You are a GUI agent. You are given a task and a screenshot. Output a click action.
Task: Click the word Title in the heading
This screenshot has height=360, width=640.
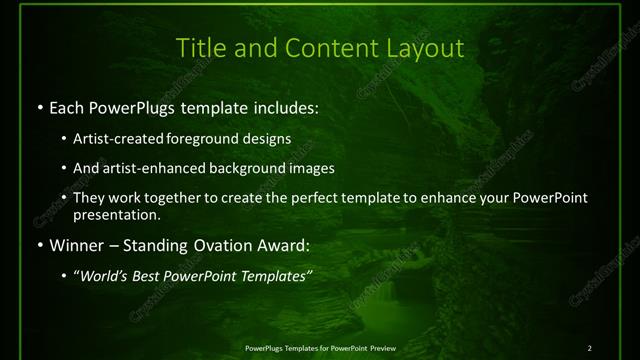199,47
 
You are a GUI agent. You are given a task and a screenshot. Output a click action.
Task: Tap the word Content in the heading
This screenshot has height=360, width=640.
318,47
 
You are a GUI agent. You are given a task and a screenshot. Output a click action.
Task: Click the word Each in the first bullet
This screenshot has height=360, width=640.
67,106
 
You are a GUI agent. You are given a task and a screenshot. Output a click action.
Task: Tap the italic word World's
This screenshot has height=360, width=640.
104,275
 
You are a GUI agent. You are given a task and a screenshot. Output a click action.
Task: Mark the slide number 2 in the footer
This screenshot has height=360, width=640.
589,347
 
